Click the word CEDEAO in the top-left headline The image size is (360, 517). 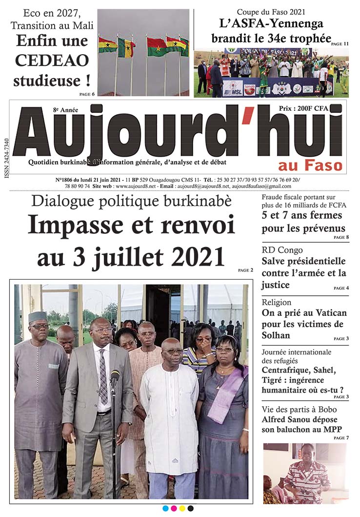click(x=52, y=60)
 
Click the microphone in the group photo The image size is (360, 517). click(x=115, y=376)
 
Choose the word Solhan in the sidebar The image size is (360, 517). click(x=276, y=335)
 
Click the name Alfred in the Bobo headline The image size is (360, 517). click(x=275, y=420)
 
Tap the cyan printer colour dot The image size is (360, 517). click(x=165, y=509)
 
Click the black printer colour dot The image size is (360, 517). click(x=191, y=509)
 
